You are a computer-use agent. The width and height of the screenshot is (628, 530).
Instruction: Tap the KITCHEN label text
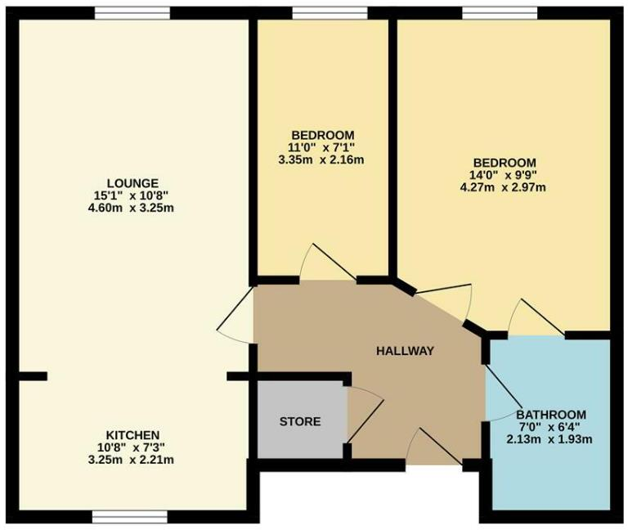132,433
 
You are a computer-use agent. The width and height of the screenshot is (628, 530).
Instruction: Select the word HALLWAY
405,351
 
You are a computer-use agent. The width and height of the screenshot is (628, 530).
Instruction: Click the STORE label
300,422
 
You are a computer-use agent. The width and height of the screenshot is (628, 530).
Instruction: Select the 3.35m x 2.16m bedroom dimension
322,160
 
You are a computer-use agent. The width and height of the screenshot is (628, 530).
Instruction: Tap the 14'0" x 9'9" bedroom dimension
503,175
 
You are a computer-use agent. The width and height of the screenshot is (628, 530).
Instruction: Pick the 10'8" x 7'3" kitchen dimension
132,447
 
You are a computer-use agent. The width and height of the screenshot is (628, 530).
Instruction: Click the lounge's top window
132,12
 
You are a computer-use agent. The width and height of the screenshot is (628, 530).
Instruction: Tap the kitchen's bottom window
130,517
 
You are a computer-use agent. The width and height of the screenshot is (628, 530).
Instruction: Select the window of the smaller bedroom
322,12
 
